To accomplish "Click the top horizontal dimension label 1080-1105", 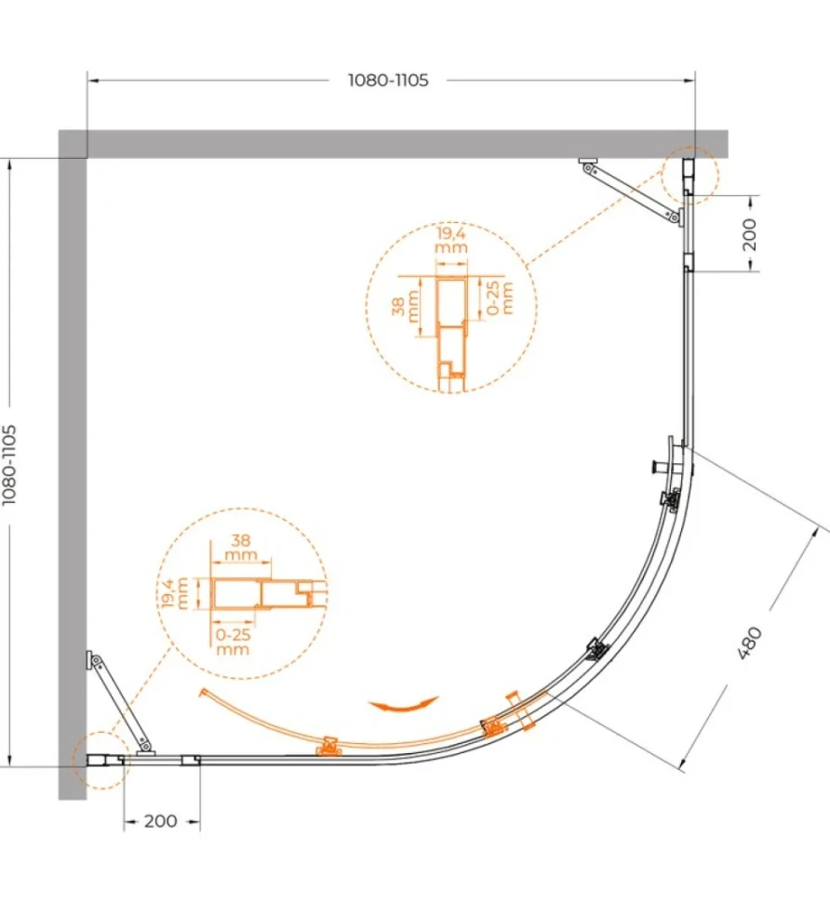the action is click(x=389, y=80).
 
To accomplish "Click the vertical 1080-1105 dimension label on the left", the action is click(x=10, y=465).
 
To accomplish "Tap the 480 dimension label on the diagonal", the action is click(x=749, y=643).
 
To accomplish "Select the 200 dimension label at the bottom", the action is click(x=161, y=821).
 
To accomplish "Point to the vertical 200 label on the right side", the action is click(x=750, y=234).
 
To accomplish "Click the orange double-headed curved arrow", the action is click(x=404, y=704).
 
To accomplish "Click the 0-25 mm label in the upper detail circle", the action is click(x=500, y=298).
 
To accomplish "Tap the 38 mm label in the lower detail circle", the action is click(x=241, y=548).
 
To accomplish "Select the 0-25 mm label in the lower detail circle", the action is click(x=234, y=642).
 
